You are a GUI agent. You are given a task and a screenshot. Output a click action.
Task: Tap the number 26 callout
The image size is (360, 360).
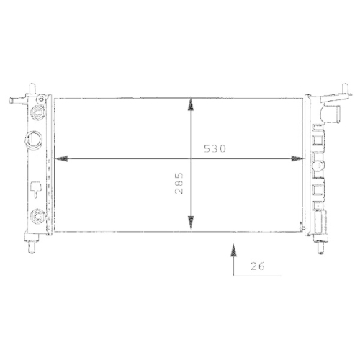pyautogui.click(x=258, y=266)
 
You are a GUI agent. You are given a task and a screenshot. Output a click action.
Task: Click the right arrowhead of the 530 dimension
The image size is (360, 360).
pyautogui.click(x=296, y=158)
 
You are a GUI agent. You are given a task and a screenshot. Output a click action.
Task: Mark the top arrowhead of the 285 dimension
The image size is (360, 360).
pyautogui.click(x=191, y=105)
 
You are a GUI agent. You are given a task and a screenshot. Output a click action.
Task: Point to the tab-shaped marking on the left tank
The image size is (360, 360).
pyautogui.click(x=35, y=190)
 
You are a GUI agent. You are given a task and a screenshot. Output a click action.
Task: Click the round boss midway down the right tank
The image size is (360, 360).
pyautogui.click(x=318, y=164)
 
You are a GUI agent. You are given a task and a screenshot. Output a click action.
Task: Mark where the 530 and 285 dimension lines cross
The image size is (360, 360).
pyautogui.click(x=191, y=158)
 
